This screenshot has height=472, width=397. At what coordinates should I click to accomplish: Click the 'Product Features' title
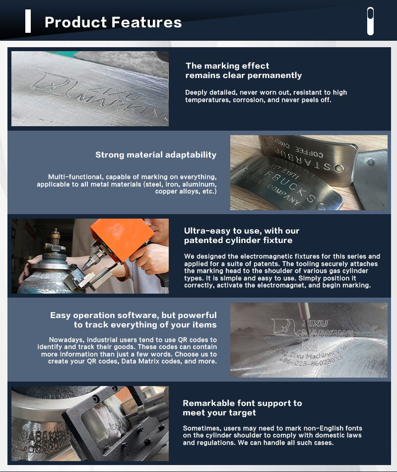tap(113, 22)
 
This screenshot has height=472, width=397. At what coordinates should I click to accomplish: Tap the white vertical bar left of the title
tap(28, 21)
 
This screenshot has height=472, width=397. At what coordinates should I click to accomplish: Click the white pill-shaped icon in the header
tap(371, 21)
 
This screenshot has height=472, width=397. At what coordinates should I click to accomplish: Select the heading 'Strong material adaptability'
tap(156, 155)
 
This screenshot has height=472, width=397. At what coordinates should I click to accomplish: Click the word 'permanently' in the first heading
tap(274, 75)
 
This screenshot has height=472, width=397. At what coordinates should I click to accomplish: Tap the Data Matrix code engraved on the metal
tap(309, 344)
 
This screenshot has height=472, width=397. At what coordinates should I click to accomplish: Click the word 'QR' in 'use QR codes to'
tap(183, 340)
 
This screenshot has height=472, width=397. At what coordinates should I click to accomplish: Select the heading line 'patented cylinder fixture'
tap(238, 240)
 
